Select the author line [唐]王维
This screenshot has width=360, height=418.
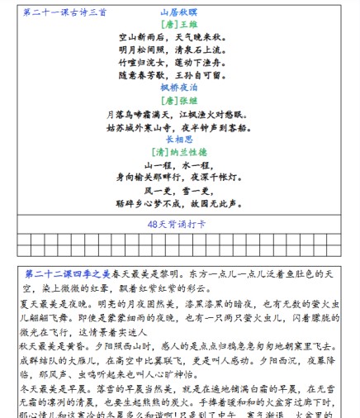pyautogui.click(x=179, y=26)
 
